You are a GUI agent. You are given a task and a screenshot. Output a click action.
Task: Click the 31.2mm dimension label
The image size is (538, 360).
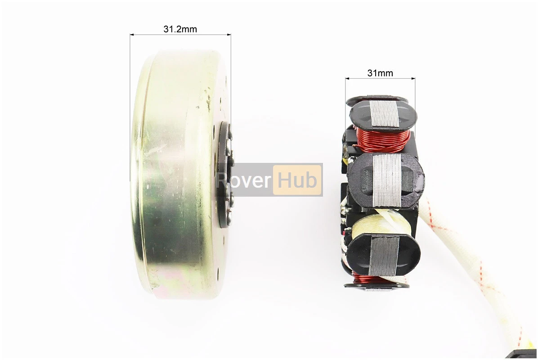pos(180,29)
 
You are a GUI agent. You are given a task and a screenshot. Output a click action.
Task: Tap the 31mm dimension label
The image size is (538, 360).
pos(380,73)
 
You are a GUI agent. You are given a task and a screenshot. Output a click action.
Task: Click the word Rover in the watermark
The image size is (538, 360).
pos(244,180)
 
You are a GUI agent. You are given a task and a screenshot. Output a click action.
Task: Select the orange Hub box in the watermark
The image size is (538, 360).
pos(297,180)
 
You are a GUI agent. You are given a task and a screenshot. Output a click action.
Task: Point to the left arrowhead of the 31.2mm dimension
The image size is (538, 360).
pos(132,34)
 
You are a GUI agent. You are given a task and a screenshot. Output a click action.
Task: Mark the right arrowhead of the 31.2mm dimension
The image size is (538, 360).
pos(229,34)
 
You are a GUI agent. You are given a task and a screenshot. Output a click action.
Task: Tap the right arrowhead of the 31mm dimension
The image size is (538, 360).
pos(413,79)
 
